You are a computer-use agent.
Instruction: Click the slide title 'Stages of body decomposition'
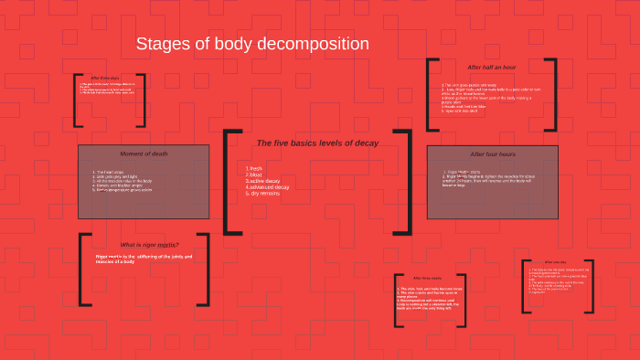coord(252,44)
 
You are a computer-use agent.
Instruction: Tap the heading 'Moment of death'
coord(144,153)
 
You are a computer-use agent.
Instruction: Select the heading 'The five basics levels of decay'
coord(316,143)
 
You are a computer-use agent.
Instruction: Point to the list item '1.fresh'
coord(254,168)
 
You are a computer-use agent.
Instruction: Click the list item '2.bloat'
coord(254,175)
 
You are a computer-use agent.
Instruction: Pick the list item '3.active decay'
coord(263,181)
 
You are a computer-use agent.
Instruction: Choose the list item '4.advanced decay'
coord(267,187)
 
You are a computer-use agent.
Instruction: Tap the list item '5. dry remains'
coord(263,194)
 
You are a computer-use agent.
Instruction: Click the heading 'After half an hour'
coord(492,68)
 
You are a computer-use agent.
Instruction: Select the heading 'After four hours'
coord(493,154)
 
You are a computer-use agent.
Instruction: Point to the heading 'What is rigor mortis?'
coord(150,244)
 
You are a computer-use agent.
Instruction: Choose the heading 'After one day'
coord(556,261)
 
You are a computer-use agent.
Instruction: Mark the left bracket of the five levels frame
coord(228,181)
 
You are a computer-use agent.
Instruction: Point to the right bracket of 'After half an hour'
coord(551,95)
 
